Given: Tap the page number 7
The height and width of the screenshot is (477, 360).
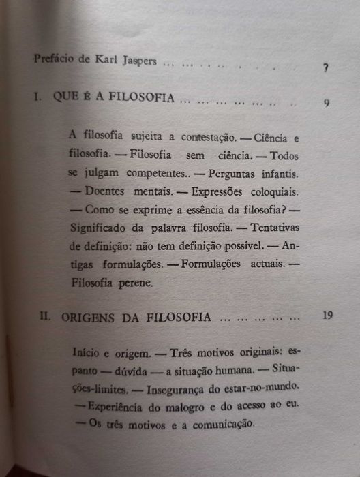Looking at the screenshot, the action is pos(327,68).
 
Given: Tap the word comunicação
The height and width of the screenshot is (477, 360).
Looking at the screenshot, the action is pos(218,425).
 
